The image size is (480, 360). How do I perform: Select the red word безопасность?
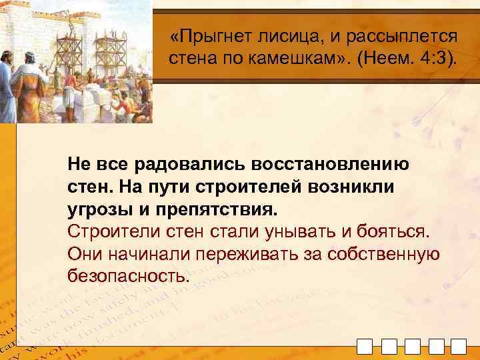(x=128, y=276)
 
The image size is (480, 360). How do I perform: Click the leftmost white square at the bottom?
(x=365, y=347)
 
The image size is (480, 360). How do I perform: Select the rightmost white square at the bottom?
(x=458, y=347)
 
